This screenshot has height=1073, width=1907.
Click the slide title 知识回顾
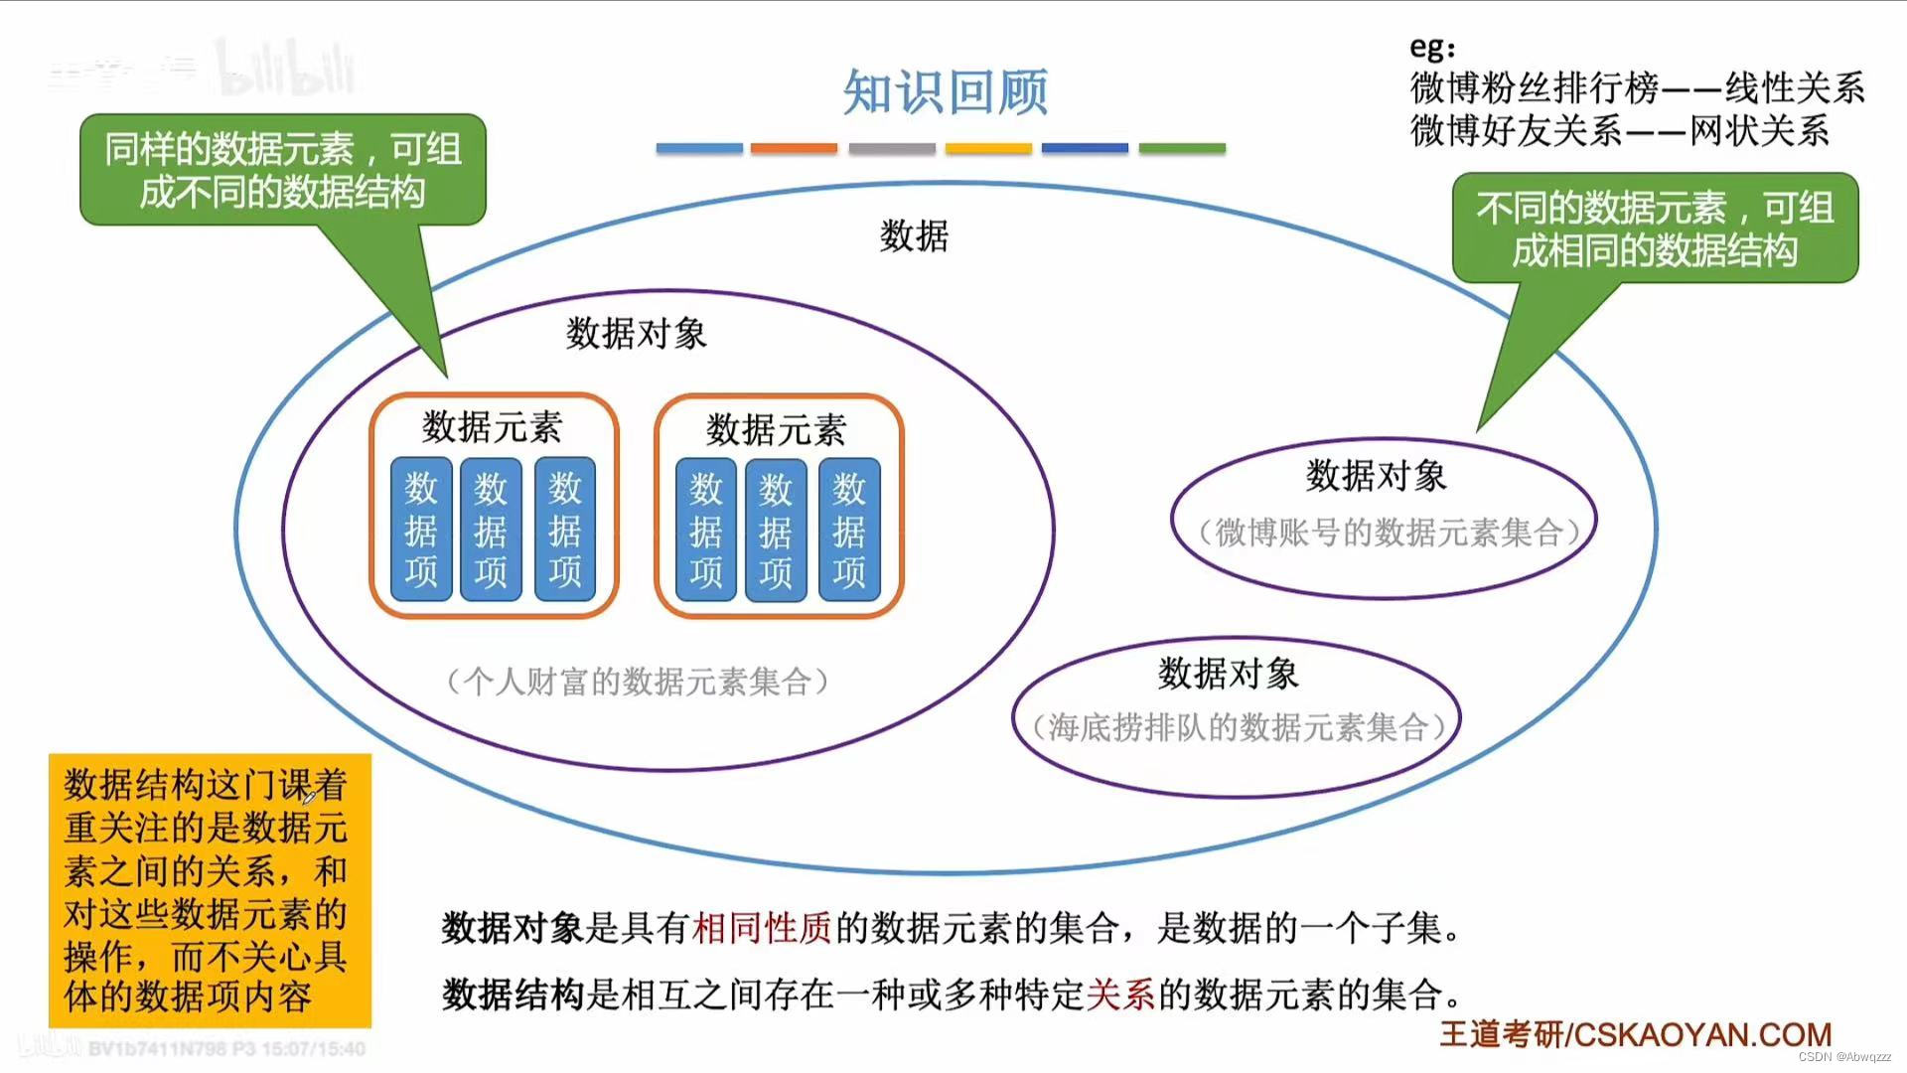coord(945,92)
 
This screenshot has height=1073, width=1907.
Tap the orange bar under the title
coord(794,148)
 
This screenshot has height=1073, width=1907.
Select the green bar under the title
coord(1182,148)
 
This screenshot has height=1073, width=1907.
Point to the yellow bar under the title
coord(988,148)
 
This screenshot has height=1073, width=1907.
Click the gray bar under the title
coord(892,148)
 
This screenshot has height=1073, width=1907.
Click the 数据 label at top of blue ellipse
coord(914,236)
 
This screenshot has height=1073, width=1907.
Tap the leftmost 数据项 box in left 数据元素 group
coord(421,530)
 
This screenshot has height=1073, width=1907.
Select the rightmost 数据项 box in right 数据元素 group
coord(849,531)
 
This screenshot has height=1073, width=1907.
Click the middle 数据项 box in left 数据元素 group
coord(491,530)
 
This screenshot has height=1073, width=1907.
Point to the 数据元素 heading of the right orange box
coord(777,430)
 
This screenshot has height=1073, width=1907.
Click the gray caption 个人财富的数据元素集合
coord(637,682)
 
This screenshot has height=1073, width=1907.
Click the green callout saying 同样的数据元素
coord(283,170)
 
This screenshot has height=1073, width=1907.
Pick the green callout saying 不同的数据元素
coord(1655,229)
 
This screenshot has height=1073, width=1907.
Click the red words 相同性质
coord(762,928)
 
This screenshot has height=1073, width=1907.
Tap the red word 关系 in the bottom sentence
coord(1120,994)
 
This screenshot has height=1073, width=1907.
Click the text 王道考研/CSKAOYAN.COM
coord(1635,1034)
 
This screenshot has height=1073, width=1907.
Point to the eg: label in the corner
coord(1432,48)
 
